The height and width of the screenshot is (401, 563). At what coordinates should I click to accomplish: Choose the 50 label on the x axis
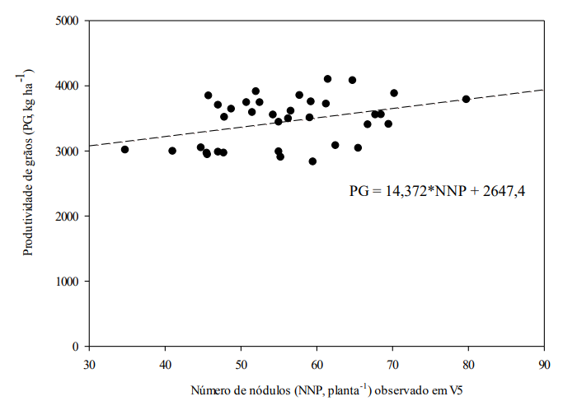coord(241,361)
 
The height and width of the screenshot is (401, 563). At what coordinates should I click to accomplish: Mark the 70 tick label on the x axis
coord(392,361)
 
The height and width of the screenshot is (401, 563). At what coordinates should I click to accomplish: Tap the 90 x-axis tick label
coord(544,361)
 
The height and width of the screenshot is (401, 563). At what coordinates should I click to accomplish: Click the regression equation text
coord(438,191)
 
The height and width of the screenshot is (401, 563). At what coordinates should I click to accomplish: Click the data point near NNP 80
coord(467,99)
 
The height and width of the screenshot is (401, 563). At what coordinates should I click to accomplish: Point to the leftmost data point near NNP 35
coord(125,149)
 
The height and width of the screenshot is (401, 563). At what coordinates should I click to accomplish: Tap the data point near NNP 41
coord(172,151)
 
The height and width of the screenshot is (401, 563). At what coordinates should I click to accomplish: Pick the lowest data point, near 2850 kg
coord(312,161)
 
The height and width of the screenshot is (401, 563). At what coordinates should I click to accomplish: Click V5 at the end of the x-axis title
coord(458,388)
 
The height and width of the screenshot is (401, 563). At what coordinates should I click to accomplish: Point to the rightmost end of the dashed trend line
coord(543,90)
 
